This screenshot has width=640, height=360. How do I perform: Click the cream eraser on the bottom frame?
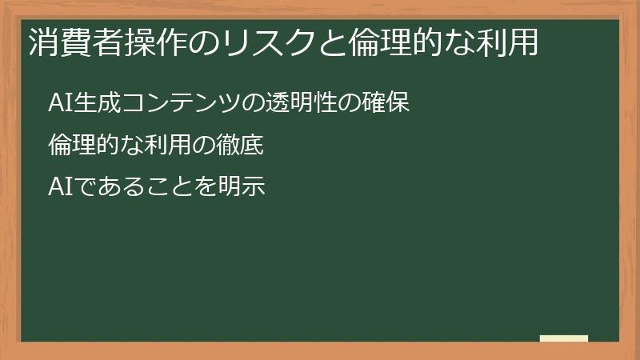coord(564,339)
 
